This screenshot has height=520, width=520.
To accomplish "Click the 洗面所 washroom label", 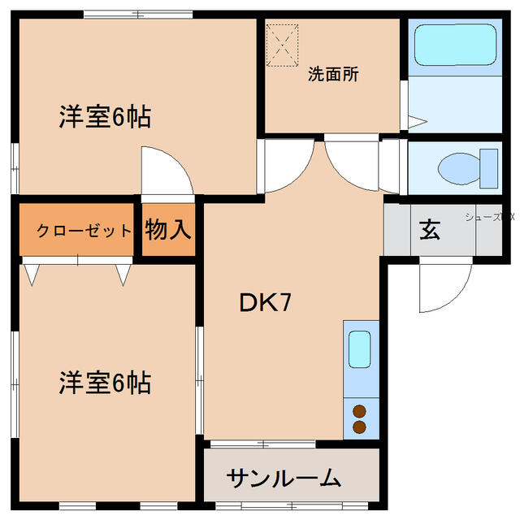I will tap(333, 74).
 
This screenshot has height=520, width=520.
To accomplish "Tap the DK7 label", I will tap(265, 302).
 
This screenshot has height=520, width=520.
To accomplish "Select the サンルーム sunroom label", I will tap(283, 478).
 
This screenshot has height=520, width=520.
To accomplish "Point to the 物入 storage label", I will tap(168, 230).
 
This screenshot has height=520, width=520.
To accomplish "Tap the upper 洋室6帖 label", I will tap(104, 118).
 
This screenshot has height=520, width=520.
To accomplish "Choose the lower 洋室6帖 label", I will tap(104, 382).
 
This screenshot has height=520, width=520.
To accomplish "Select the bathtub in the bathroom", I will tap(454, 46).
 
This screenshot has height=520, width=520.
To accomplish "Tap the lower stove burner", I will tap(359, 427).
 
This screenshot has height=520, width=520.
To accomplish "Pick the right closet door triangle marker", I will tap(123, 275).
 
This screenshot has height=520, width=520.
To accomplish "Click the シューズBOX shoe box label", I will tap(490, 217).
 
